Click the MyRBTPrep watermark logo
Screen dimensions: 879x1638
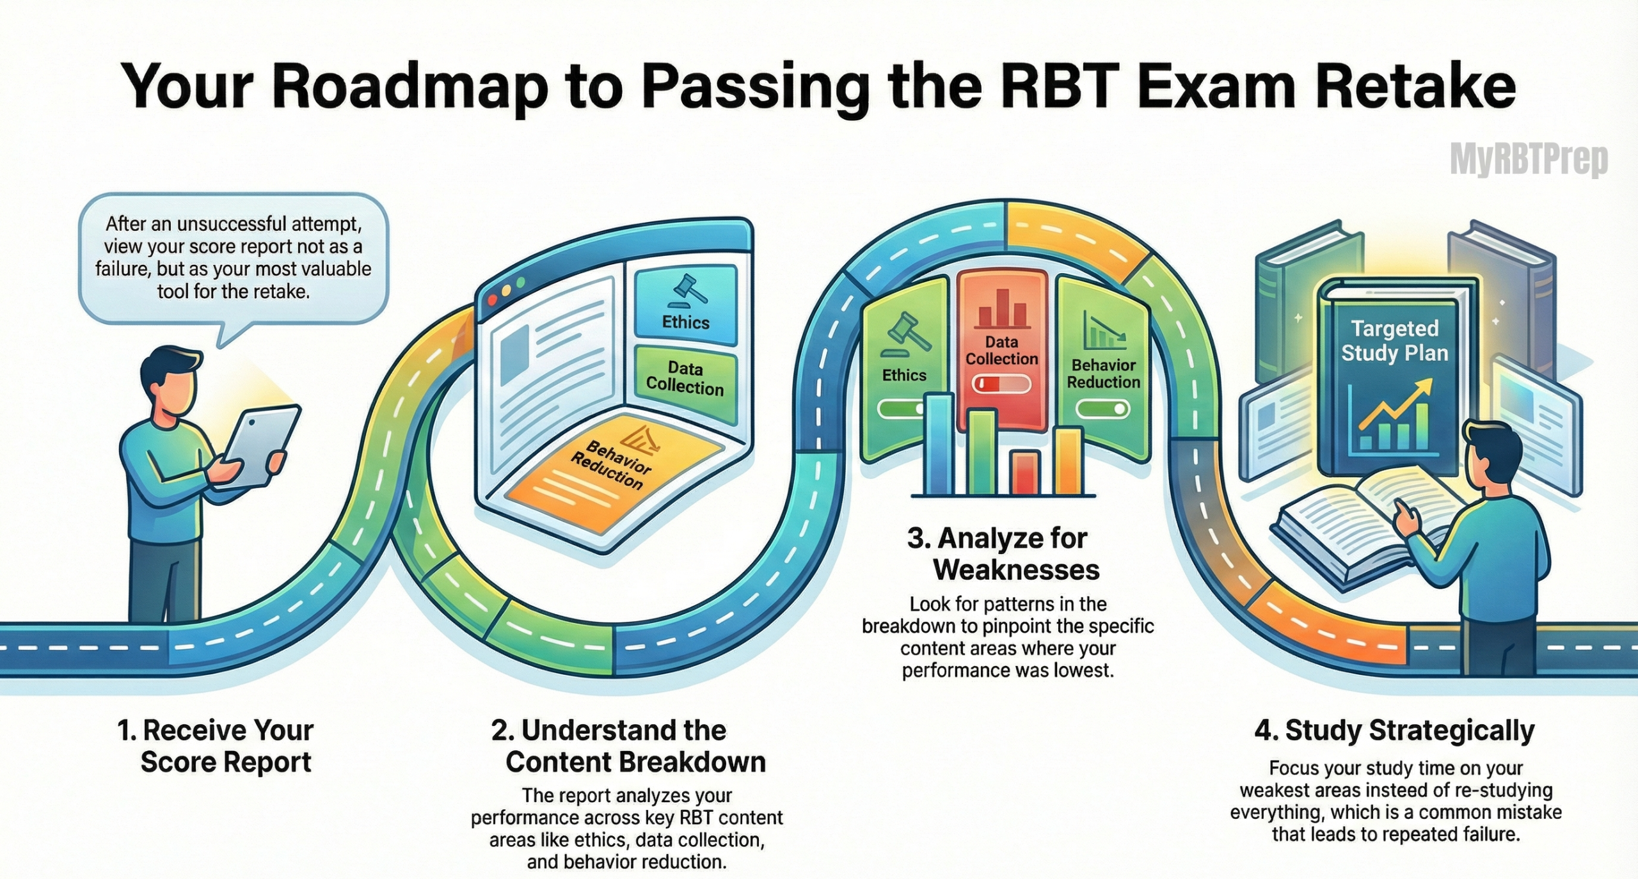pos(1528,160)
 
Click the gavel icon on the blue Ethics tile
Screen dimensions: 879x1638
pos(686,289)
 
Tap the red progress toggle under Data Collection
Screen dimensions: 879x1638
pos(1001,384)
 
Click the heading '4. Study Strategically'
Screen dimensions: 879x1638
pos(1395,731)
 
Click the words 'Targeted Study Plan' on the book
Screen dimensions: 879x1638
pos(1395,341)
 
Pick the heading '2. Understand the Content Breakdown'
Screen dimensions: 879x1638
pos(627,746)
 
